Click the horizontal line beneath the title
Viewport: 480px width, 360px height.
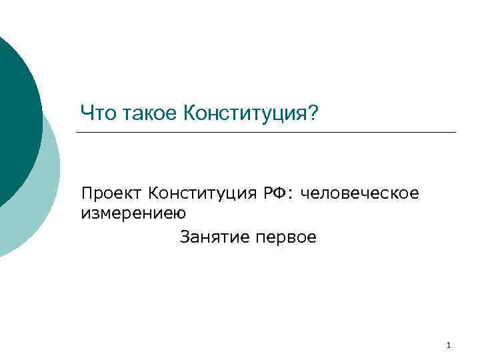pos(267,132)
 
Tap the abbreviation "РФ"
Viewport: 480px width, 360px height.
pos(275,193)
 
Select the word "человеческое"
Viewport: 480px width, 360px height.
pos(359,193)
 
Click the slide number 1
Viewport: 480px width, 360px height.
pos(449,345)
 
